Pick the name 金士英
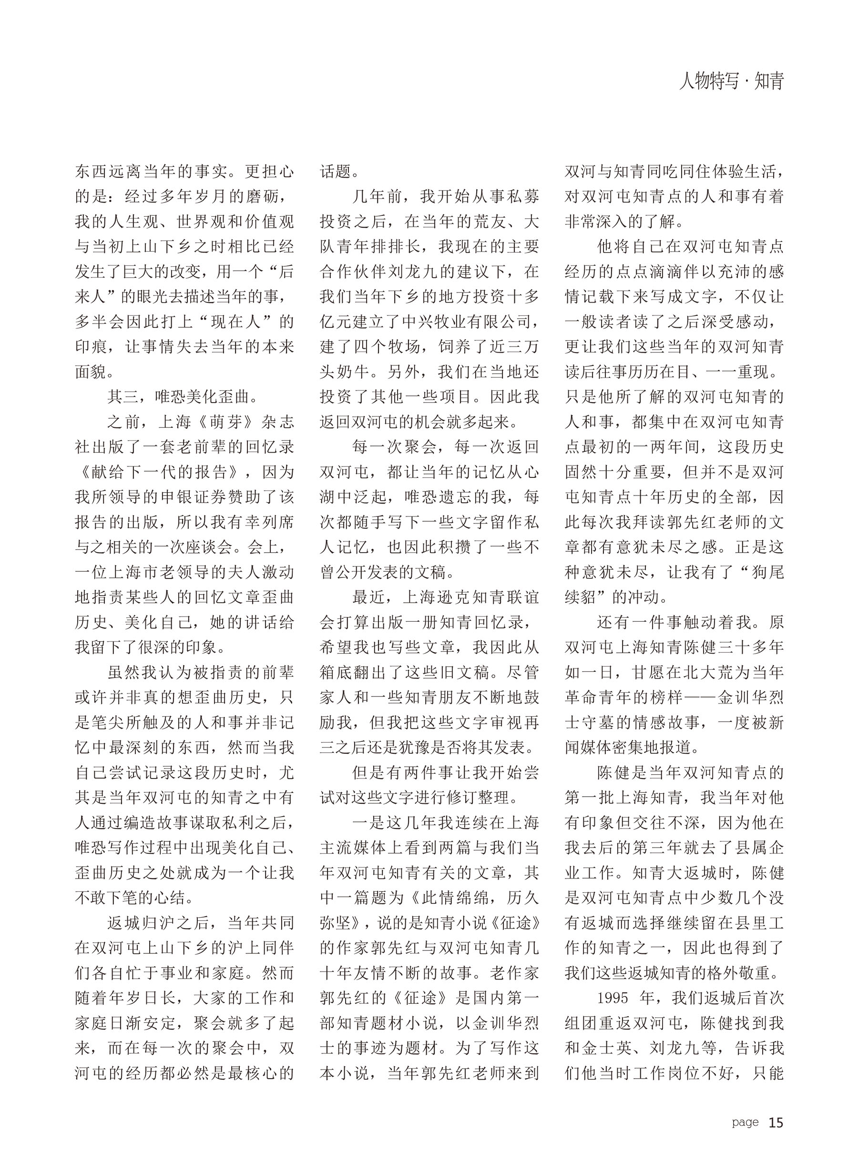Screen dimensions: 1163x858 click(x=615, y=1048)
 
